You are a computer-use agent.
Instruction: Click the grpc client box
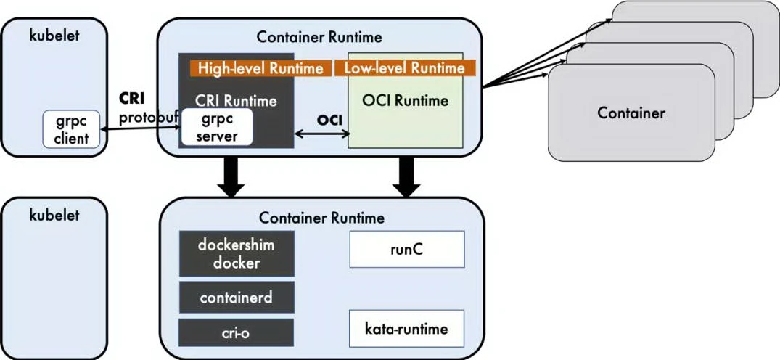[x=71, y=128]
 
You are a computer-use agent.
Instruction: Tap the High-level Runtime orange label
[x=257, y=68]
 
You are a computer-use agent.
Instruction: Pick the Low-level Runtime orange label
[x=404, y=68]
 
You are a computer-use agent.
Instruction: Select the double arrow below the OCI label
[x=321, y=134]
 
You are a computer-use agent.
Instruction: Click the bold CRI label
[x=133, y=99]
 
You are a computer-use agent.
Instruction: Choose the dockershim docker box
[x=237, y=253]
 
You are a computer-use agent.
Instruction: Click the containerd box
[x=237, y=297]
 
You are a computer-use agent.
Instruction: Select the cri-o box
[x=237, y=332]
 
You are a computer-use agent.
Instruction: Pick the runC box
[x=406, y=249]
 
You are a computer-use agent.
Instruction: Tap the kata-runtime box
[x=406, y=329]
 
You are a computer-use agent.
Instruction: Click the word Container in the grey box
[x=631, y=112]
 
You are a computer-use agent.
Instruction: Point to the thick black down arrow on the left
[x=231, y=178]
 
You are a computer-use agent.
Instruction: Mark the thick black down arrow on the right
[x=406, y=178]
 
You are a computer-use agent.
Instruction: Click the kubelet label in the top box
[x=53, y=35]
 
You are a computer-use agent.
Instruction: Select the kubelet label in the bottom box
[x=53, y=215]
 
